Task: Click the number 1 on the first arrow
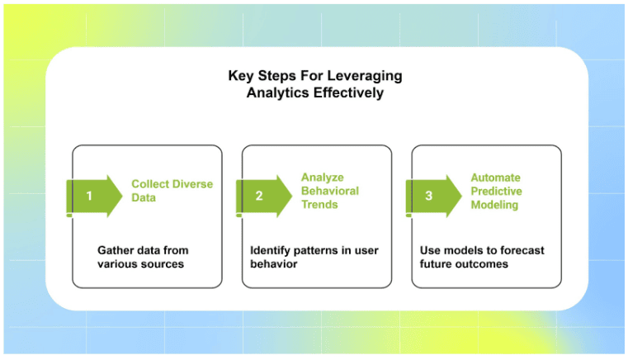point(89,197)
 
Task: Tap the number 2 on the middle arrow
point(259,197)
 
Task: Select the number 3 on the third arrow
point(428,197)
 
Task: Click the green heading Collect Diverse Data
point(172,191)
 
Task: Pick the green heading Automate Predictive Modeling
point(496,191)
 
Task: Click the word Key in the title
point(240,76)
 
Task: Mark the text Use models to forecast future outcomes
point(482,257)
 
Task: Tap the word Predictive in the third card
point(496,191)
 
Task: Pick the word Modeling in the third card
point(494,205)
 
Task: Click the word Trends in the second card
point(319,205)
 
